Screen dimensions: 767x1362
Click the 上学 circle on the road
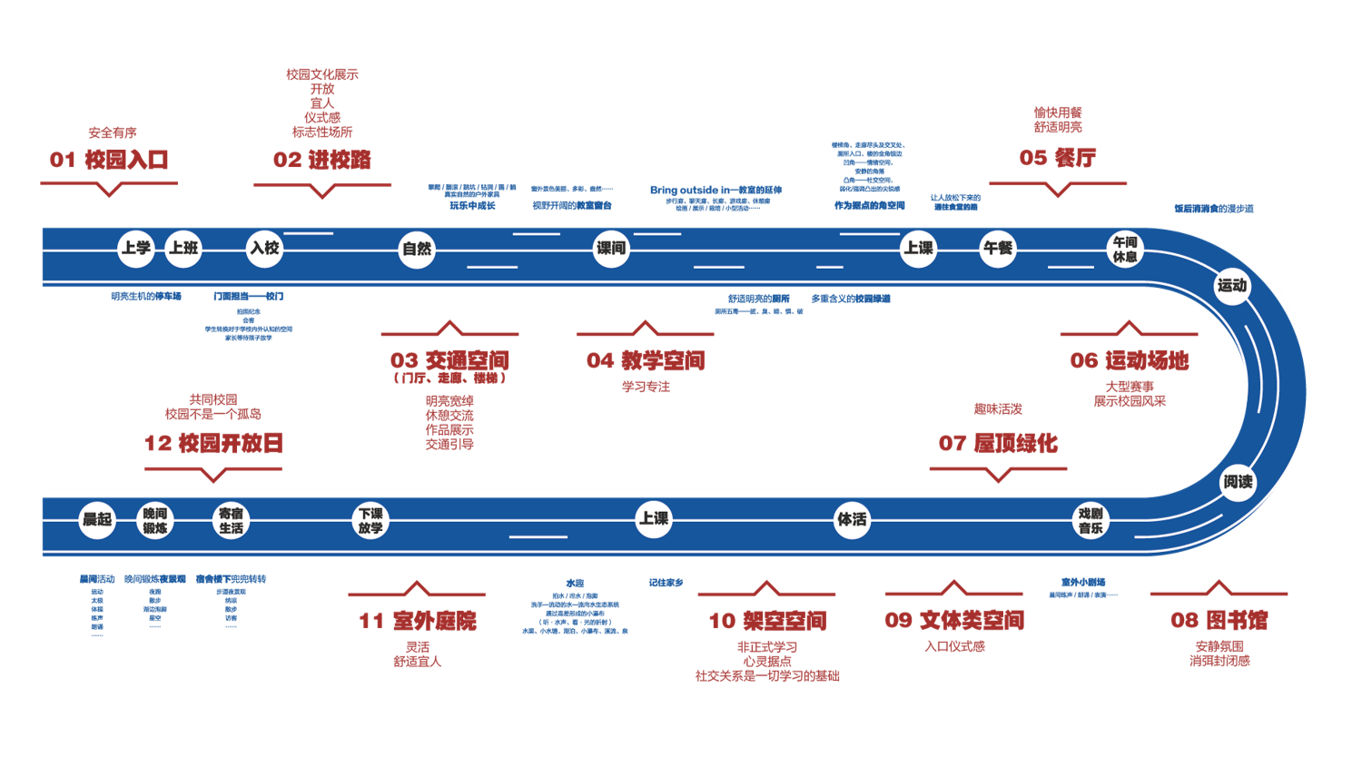coord(136,248)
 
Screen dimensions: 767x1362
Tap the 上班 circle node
coord(183,248)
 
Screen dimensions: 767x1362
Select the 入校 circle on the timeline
coord(265,248)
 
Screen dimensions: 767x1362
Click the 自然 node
coord(417,249)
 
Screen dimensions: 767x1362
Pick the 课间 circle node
coord(610,248)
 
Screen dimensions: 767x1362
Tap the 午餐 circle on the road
coord(998,248)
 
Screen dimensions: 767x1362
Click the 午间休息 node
coord(1125,249)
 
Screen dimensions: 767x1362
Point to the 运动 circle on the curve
coord(1232,286)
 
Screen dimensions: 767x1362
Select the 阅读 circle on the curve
coord(1238,482)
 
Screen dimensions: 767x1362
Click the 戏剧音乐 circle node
coord(1091,520)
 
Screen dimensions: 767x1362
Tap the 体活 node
coord(852,519)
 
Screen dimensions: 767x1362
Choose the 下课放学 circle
coord(370,520)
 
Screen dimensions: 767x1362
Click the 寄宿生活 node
coord(231,520)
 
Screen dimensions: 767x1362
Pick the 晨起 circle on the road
coord(97,519)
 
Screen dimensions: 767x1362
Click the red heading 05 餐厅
coord(1058,158)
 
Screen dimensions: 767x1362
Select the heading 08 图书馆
coord(1219,620)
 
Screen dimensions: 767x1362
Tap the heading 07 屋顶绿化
coord(998,443)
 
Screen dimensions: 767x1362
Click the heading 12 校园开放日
coord(213,443)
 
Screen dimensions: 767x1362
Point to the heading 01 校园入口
coord(109,160)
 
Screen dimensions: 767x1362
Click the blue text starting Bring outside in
coord(716,190)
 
